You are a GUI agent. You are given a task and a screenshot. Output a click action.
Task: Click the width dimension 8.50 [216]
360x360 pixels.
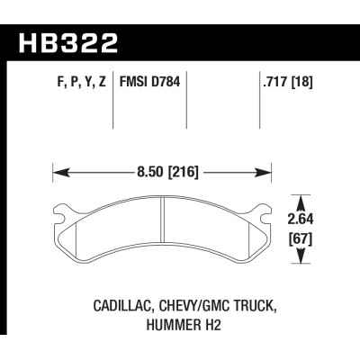tap(163, 168)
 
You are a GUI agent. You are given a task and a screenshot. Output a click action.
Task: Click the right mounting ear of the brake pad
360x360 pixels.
tap(264, 213)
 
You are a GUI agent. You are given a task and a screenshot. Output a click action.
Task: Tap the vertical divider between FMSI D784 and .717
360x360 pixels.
tap(186, 103)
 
